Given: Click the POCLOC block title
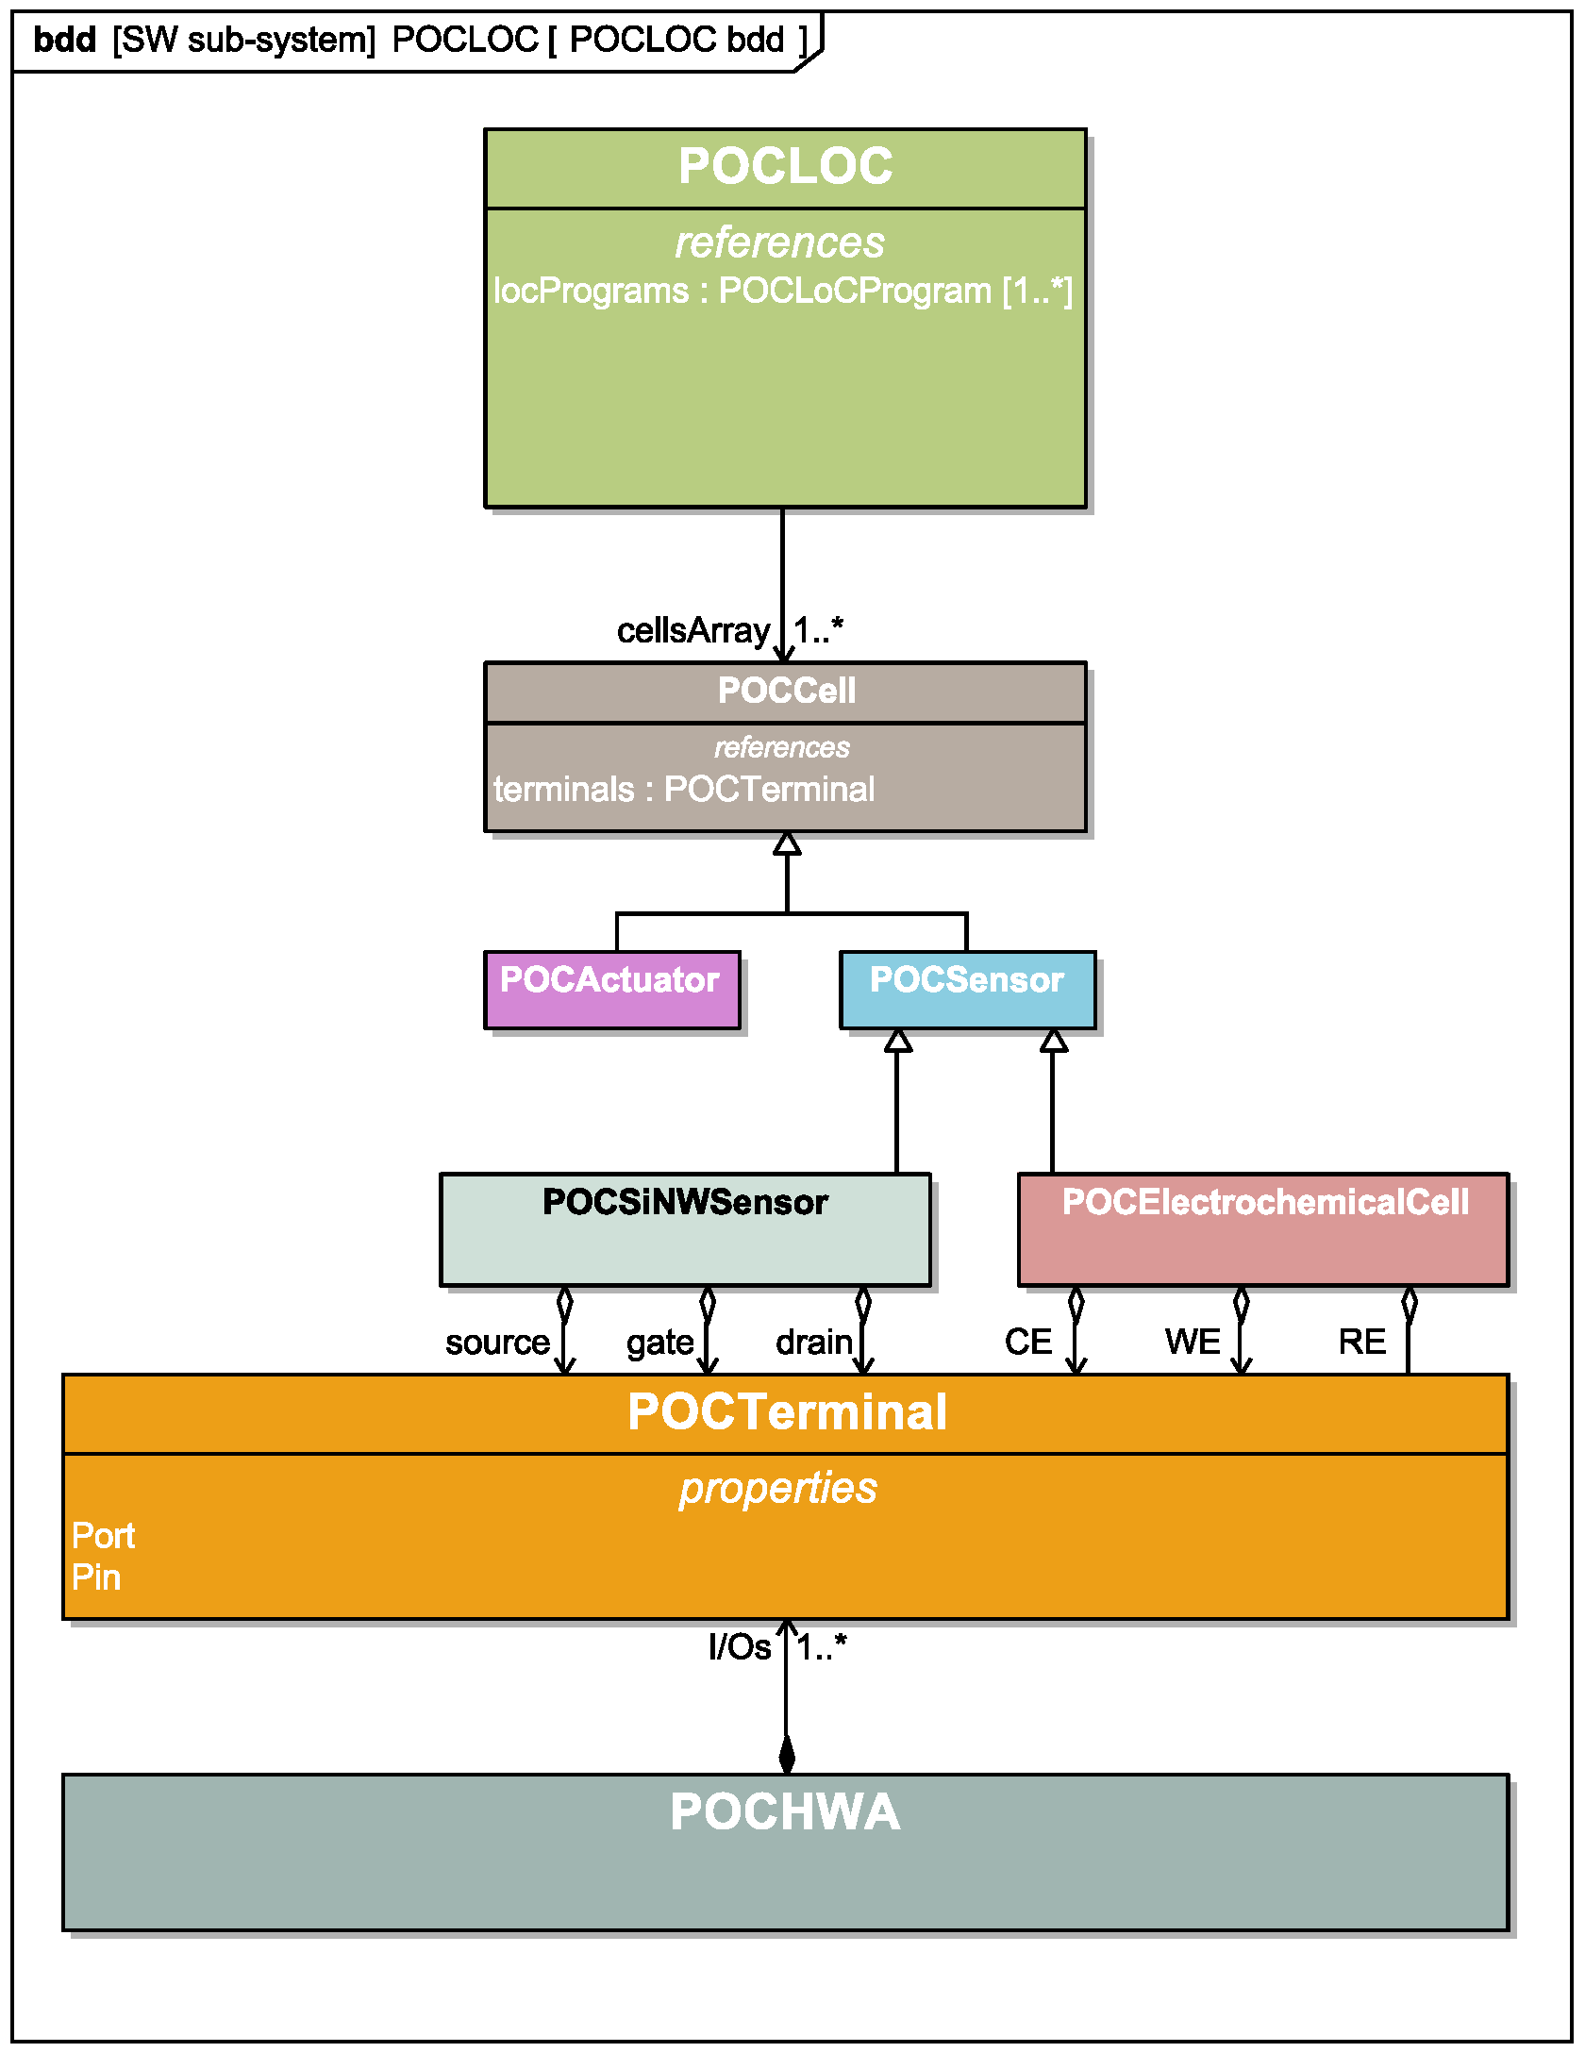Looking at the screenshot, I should click(785, 167).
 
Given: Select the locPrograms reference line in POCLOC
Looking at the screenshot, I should click(783, 291).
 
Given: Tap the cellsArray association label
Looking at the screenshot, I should click(692, 630).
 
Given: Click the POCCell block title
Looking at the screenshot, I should click(786, 691).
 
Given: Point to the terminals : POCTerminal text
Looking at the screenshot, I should click(684, 789).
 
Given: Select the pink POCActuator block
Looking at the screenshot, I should click(611, 990).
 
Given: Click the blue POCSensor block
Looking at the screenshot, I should click(967, 990).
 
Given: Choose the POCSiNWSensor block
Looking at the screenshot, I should click(685, 1228).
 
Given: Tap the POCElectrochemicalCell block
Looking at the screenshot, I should click(1263, 1228).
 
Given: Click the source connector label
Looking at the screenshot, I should click(497, 1342).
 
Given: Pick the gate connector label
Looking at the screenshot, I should click(659, 1342).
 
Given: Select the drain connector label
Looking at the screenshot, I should click(813, 1342).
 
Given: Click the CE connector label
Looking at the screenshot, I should click(1027, 1342).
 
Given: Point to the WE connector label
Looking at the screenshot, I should click(1193, 1342).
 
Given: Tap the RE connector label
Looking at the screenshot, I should click(1361, 1342).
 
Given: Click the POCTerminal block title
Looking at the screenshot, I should click(786, 1412).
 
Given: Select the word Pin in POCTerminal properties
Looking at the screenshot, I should click(96, 1577).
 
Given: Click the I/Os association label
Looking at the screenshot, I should click(739, 1647).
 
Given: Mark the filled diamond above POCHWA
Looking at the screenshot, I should click(787, 1755).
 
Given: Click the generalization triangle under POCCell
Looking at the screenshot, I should click(787, 843).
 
